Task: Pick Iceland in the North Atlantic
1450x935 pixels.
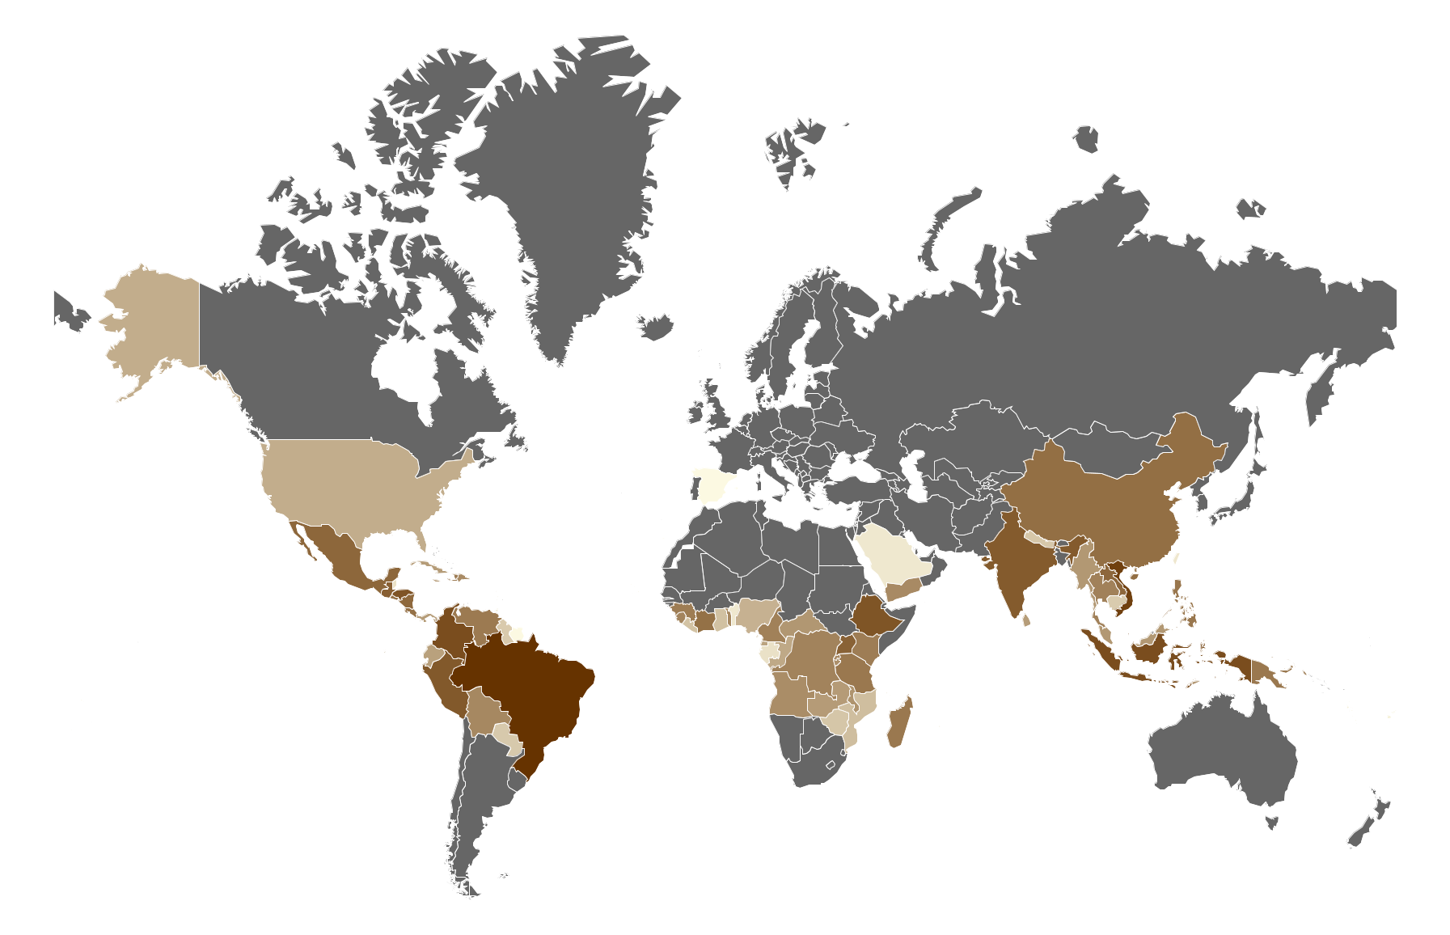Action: click(656, 327)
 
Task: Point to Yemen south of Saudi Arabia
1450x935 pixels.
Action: click(902, 589)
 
